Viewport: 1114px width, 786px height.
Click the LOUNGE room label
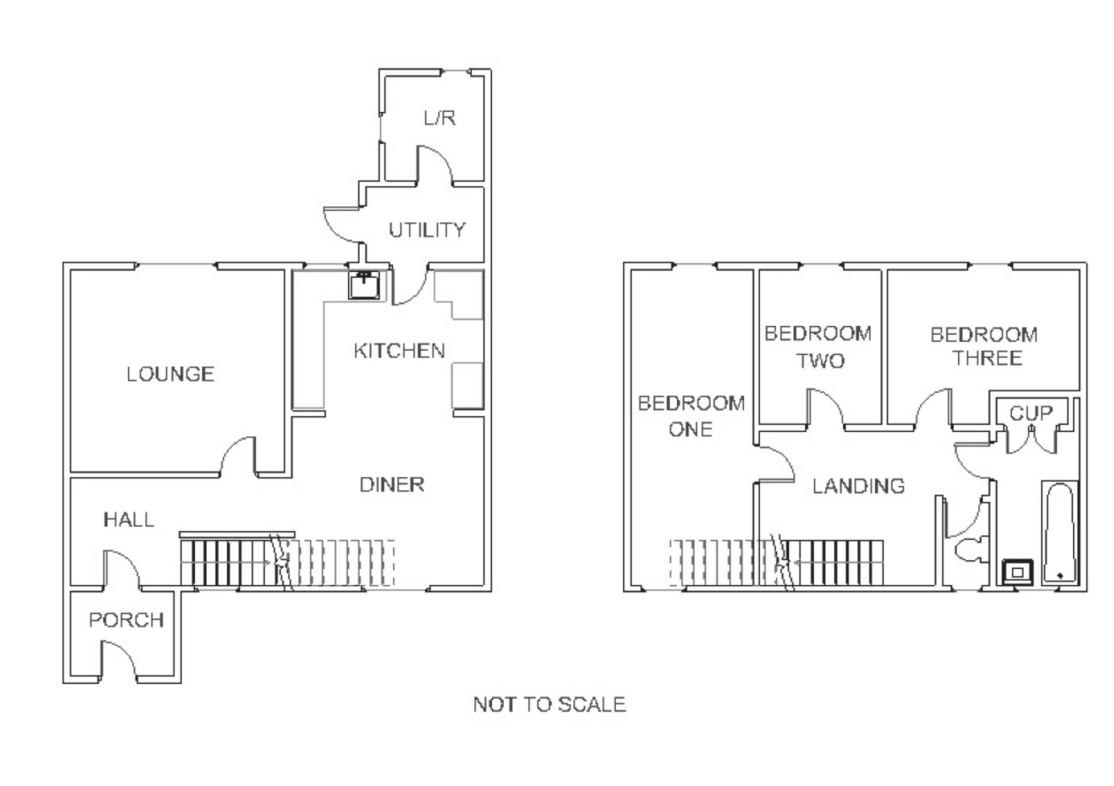pyautogui.click(x=170, y=375)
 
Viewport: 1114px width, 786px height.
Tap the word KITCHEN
pyautogui.click(x=399, y=351)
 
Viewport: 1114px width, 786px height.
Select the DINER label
pyautogui.click(x=392, y=485)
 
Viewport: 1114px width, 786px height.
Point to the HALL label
pyautogui.click(x=129, y=520)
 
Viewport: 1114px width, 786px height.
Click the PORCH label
pyautogui.click(x=126, y=620)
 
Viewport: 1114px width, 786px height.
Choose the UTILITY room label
pyautogui.click(x=427, y=230)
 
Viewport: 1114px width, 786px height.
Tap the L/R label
pyautogui.click(x=440, y=118)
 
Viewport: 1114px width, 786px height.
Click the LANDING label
pyautogui.click(x=858, y=486)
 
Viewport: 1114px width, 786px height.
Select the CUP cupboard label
pyautogui.click(x=1030, y=413)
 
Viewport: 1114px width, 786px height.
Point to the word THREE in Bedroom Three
pyautogui.click(x=987, y=359)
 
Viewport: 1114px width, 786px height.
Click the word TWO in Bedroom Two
pyautogui.click(x=820, y=361)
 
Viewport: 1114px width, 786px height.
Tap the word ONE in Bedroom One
pyautogui.click(x=690, y=429)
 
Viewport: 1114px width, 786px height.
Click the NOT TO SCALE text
pyautogui.click(x=549, y=705)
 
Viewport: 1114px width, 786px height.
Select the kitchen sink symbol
pyautogui.click(x=364, y=285)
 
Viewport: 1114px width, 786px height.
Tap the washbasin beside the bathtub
pyautogui.click(x=1017, y=572)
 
